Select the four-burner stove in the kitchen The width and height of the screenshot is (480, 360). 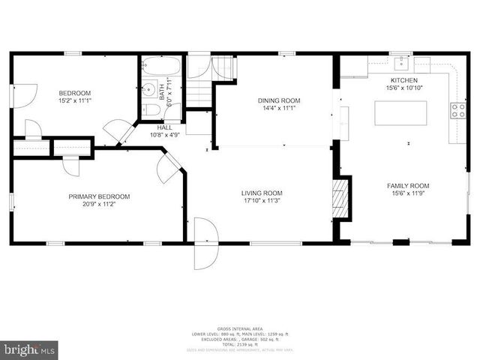[x=457, y=111]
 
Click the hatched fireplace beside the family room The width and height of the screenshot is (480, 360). [x=342, y=198]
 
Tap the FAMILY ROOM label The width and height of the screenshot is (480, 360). [x=407, y=186]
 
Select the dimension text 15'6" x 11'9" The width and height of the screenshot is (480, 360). [x=407, y=194]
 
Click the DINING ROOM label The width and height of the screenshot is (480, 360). [x=279, y=100]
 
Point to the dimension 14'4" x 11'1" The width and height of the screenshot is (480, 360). [x=279, y=109]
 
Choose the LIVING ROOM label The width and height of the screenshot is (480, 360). [x=262, y=193]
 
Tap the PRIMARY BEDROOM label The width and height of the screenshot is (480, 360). [x=99, y=196]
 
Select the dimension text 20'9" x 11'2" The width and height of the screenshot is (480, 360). [x=99, y=204]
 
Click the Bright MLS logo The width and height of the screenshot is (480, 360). [x=29, y=349]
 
